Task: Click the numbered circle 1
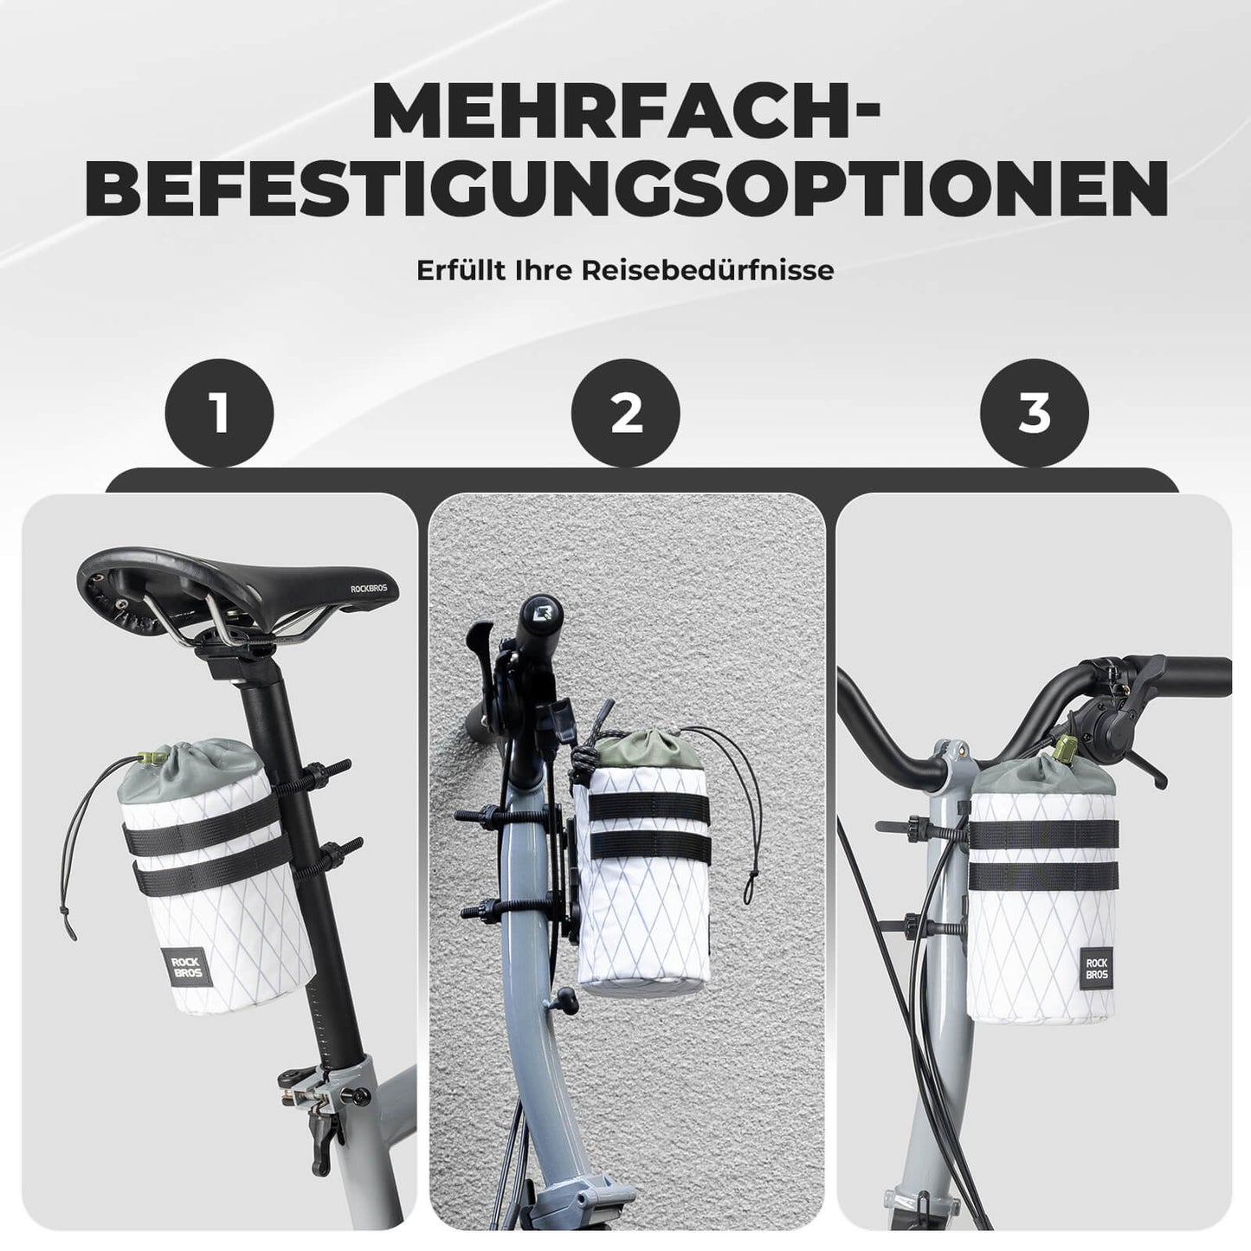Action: pyautogui.click(x=220, y=413)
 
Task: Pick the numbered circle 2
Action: pyautogui.click(x=626, y=413)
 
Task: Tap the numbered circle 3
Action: pyautogui.click(x=1034, y=413)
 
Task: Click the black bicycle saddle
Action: pyautogui.click(x=234, y=580)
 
